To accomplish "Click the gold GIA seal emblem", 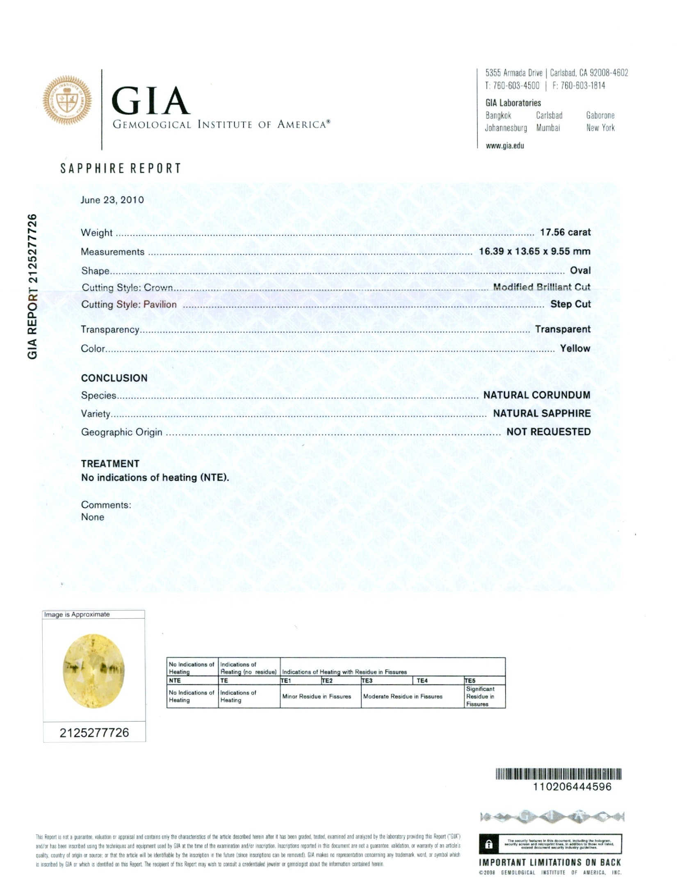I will [x=68, y=100].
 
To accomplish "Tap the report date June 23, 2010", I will [x=112, y=200].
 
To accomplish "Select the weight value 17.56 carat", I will [x=565, y=232].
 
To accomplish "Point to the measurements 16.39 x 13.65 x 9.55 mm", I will [x=534, y=251].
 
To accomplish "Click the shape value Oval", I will [x=580, y=271].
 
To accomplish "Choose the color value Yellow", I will [x=575, y=348].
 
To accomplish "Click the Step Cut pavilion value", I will [x=570, y=304].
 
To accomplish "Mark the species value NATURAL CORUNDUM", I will [x=536, y=395].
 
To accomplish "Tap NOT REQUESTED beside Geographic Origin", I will [x=548, y=432].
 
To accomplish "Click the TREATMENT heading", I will [x=110, y=463].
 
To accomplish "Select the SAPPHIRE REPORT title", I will [x=121, y=168].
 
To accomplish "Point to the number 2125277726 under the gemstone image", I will [x=94, y=733].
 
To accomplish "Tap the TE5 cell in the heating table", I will [x=470, y=681].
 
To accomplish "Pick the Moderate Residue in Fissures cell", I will [x=403, y=697].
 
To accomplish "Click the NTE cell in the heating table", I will [x=175, y=681].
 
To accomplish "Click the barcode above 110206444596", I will [x=558, y=774].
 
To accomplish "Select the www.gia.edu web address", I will [x=504, y=146].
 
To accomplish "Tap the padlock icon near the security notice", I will [x=488, y=844].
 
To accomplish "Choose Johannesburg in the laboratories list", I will [x=506, y=128].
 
